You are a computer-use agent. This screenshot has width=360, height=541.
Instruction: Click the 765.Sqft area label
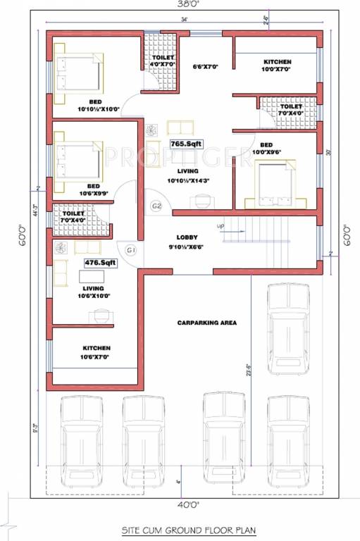tap(186, 144)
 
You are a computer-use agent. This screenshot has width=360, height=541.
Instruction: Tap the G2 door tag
tap(156, 206)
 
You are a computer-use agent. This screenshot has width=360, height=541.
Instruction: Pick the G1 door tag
tap(131, 250)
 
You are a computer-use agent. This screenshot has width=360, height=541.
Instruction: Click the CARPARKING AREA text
tap(207, 323)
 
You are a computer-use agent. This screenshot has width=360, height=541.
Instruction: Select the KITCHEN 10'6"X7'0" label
tap(96, 352)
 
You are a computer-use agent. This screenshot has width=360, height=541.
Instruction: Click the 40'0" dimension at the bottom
tap(185, 504)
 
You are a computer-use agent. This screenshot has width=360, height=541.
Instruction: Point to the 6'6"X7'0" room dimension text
tap(206, 67)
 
